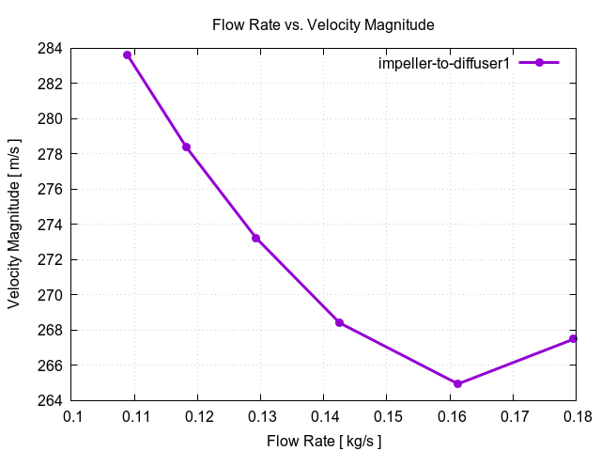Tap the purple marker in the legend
pyautogui.click(x=538, y=63)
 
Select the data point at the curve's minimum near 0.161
pyautogui.click(x=457, y=383)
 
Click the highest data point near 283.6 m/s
pyautogui.click(x=127, y=54)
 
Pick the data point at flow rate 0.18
pyautogui.click(x=573, y=339)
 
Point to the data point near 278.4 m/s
pyautogui.click(x=186, y=147)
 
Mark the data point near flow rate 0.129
pyautogui.click(x=255, y=238)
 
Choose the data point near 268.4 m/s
pyautogui.click(x=339, y=322)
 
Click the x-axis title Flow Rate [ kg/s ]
pyautogui.click(x=324, y=441)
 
